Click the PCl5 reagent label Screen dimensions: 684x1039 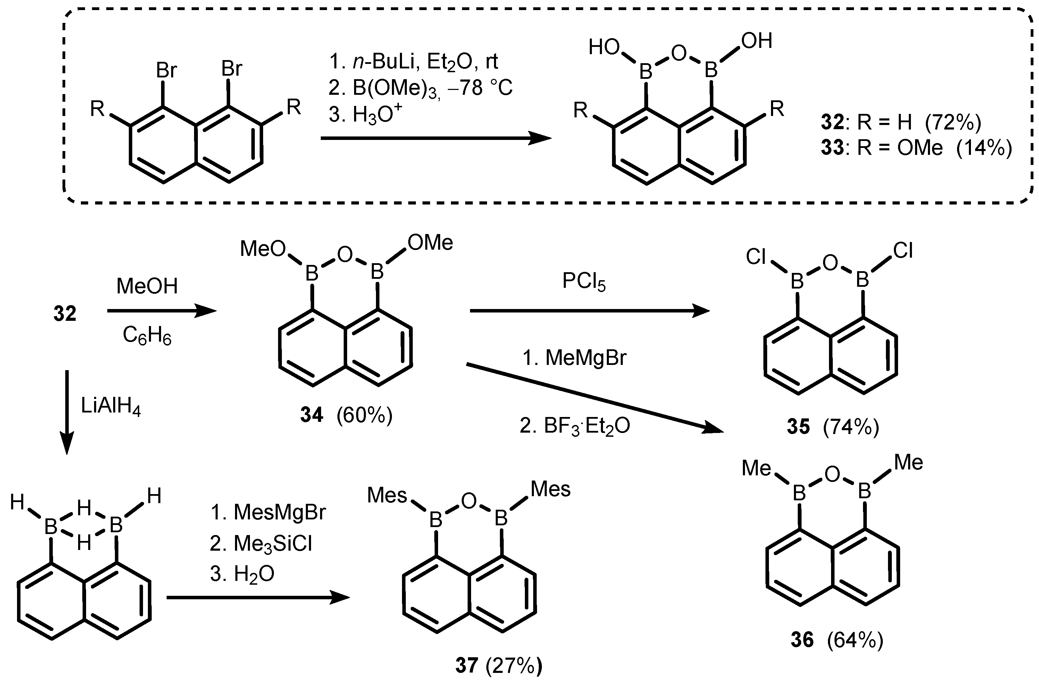tap(584, 282)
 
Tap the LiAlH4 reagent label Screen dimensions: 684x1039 tap(111, 407)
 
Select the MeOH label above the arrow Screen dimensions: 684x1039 tap(147, 286)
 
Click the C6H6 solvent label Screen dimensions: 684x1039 tap(147, 336)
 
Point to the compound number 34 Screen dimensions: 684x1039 tap(312, 415)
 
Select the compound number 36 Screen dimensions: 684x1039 tap(802, 640)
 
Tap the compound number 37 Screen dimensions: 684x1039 tap(466, 666)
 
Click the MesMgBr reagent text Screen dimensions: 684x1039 tap(280, 512)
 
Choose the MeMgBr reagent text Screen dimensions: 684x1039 tap(586, 358)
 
